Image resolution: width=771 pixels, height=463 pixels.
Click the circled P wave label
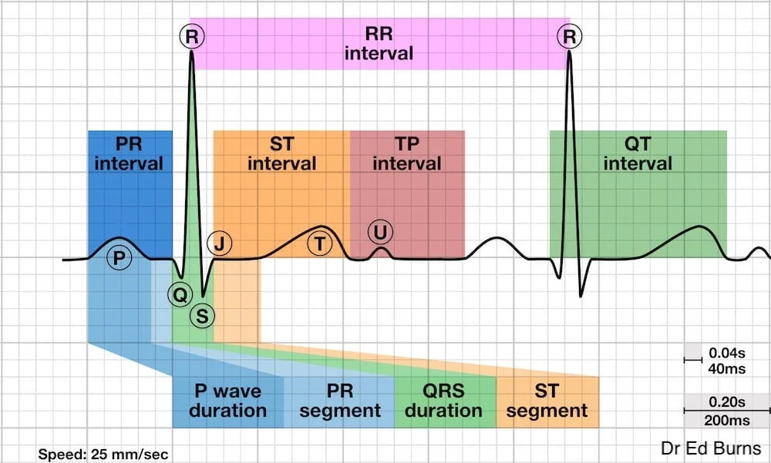(117, 257)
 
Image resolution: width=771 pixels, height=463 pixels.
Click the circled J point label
(221, 244)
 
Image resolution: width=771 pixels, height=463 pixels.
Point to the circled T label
(319, 244)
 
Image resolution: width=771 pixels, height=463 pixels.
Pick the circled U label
(379, 231)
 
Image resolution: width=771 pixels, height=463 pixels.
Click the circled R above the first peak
(191, 35)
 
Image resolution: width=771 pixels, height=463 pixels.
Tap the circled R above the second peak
(571, 35)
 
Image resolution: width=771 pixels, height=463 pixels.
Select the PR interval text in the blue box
(129, 153)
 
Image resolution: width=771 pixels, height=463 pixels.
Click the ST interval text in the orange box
(281, 153)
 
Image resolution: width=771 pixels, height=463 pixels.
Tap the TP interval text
(407, 153)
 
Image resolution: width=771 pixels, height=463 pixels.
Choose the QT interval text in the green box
(638, 153)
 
